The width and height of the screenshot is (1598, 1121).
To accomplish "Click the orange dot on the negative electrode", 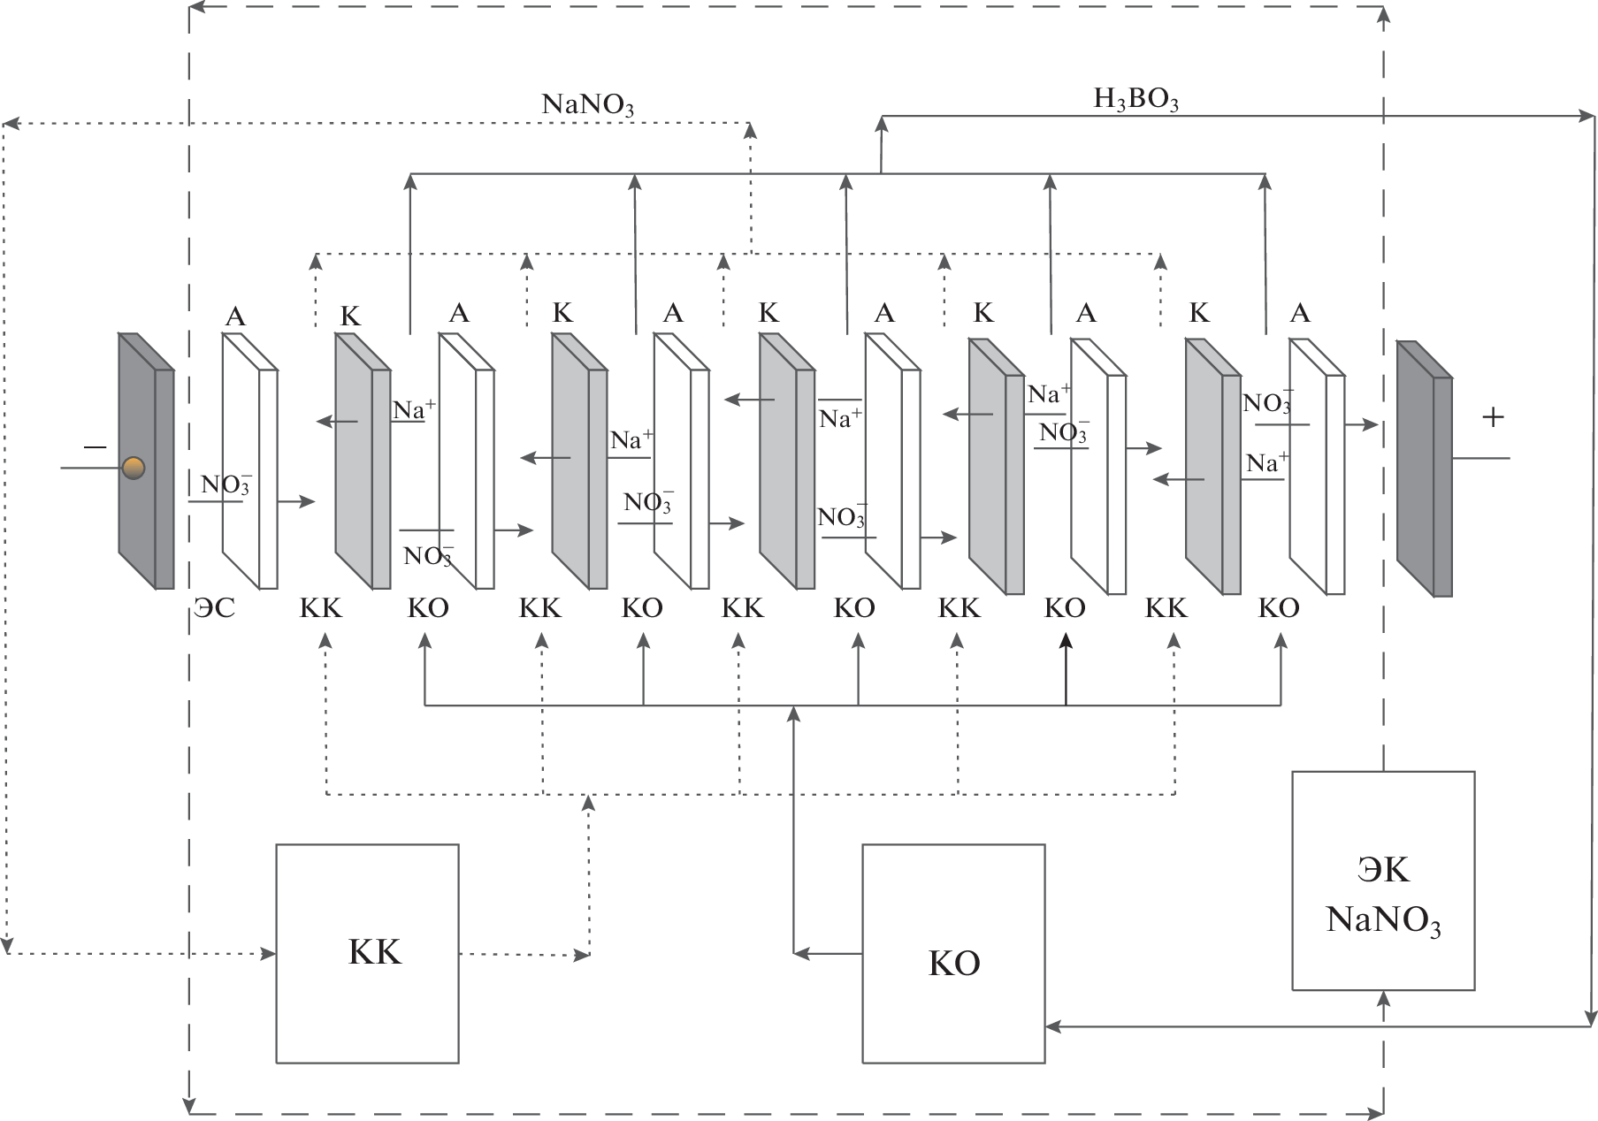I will pos(134,468).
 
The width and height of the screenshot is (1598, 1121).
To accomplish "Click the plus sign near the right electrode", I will pos(1493,417).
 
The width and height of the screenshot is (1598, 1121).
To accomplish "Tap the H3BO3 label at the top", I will pos(1135,99).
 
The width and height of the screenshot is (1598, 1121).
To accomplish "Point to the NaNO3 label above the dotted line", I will pos(588,105).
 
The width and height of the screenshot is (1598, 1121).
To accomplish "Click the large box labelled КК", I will pos(367,953).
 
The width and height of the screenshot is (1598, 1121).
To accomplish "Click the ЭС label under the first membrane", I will pos(215,608).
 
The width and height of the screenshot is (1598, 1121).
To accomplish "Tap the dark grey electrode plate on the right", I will pos(1424,469).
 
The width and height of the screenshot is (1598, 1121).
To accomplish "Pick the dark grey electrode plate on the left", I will pos(146,460).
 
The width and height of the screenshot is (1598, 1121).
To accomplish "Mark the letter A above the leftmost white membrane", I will pos(235,316).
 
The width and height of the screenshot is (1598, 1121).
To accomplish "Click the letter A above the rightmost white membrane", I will pos(1300,313).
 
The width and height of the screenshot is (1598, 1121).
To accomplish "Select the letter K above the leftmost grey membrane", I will pos(351,316).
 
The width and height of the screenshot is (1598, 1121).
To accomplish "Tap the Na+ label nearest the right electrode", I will pos(1267,463).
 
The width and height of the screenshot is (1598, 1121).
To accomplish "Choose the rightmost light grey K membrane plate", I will pos(1212,469).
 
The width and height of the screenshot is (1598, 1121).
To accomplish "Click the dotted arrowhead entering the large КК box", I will pos(268,954).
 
